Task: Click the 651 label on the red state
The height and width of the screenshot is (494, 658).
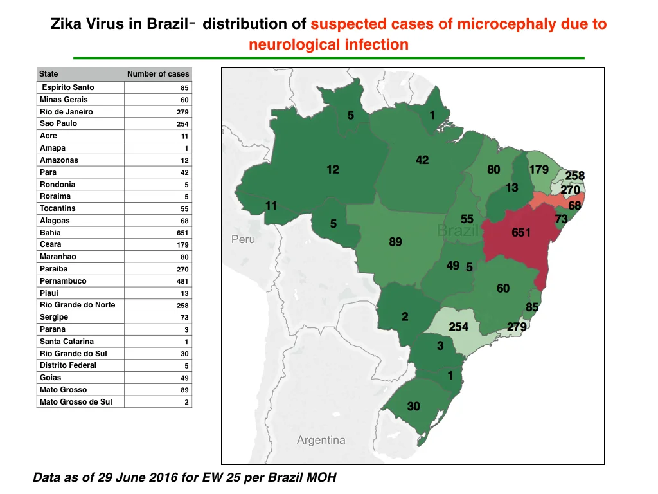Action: (520, 232)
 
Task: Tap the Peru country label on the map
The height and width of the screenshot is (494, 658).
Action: (243, 239)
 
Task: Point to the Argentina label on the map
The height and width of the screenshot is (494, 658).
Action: (321, 440)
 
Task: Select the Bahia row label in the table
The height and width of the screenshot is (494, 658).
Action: (50, 233)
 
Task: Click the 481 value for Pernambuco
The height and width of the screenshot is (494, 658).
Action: (182, 282)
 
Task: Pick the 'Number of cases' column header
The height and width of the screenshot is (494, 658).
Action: (158, 74)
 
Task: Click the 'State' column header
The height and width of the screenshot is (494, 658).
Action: (49, 74)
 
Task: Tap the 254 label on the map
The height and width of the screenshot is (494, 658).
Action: (458, 327)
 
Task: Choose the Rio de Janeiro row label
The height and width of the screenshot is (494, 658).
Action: (66, 112)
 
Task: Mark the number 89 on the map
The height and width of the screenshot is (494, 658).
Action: (395, 242)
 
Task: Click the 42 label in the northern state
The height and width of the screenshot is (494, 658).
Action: (422, 160)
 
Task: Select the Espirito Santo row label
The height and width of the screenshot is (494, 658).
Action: (68, 87)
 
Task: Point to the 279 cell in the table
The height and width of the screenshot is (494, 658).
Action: (182, 112)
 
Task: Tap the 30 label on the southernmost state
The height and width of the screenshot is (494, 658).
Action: (413, 407)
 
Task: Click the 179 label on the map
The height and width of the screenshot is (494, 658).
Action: (539, 170)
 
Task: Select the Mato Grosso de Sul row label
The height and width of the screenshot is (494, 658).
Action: (76, 402)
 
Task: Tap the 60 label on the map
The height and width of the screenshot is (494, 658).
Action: (503, 288)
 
